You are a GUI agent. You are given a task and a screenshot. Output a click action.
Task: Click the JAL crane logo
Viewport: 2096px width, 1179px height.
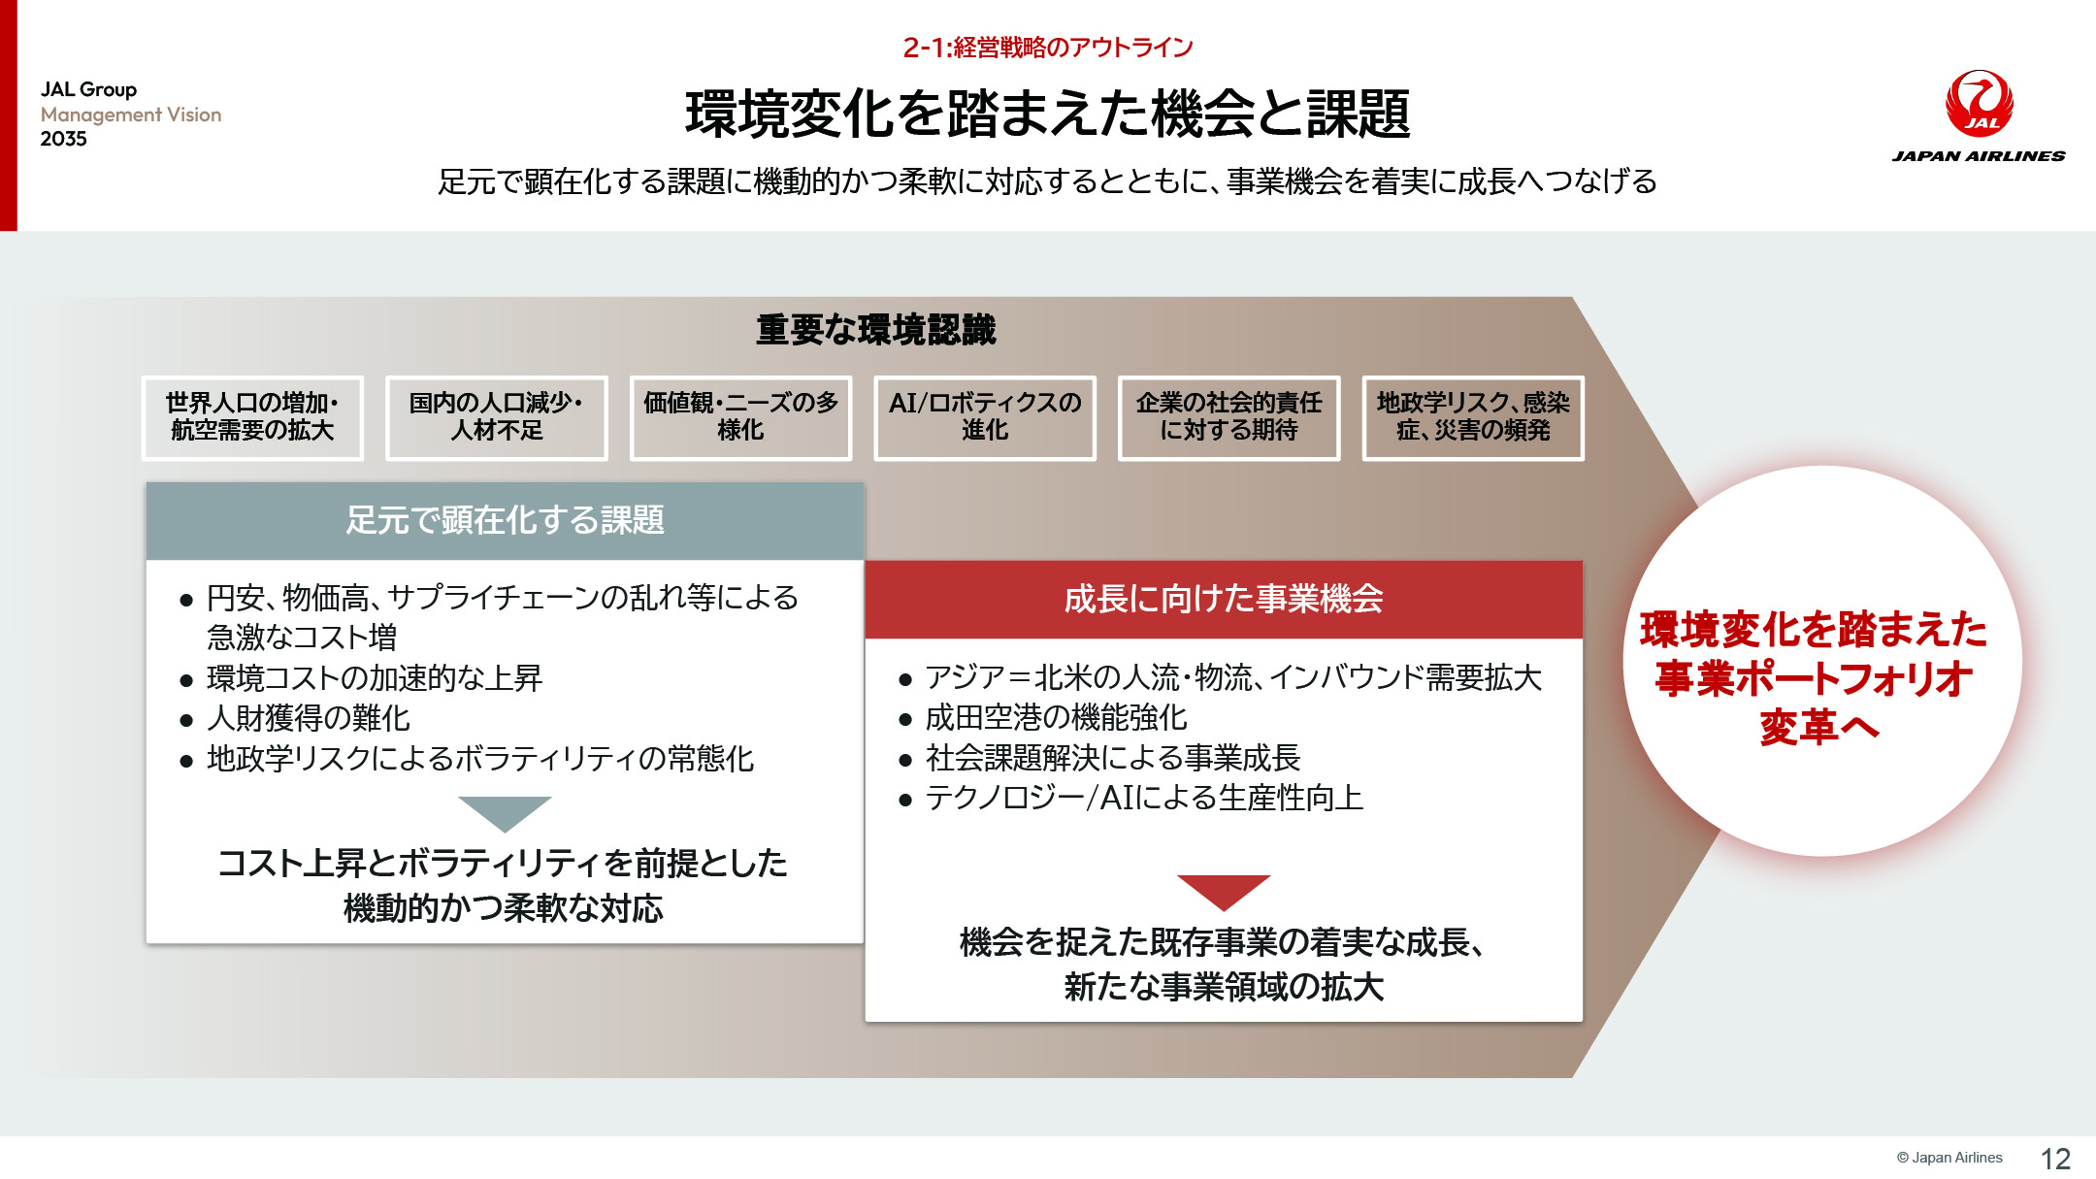(x=1979, y=103)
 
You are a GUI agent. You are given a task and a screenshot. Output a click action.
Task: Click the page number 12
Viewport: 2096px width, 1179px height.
(x=2055, y=1159)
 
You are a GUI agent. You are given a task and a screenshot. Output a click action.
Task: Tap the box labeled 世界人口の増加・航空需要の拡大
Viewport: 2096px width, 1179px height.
(x=252, y=417)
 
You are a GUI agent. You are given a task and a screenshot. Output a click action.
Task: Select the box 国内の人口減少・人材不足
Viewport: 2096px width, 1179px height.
(x=497, y=417)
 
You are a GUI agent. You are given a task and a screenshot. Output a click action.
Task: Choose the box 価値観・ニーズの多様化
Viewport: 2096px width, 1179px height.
(x=741, y=417)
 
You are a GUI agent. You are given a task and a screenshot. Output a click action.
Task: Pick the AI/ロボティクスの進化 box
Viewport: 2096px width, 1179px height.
(x=985, y=417)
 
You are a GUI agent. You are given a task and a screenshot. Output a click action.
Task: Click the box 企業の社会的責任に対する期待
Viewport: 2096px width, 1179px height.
(x=1229, y=417)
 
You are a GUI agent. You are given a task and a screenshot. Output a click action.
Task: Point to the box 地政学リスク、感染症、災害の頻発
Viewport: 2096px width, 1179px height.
(x=1473, y=417)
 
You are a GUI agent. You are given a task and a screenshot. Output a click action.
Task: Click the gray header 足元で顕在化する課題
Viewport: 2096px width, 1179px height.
(x=505, y=520)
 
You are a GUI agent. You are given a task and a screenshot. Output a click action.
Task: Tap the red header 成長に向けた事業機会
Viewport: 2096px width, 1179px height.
(x=1224, y=599)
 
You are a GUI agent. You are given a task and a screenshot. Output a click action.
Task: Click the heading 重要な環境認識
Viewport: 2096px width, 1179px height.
(x=876, y=330)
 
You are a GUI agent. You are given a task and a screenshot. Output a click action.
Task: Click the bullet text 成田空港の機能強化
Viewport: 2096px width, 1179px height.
(x=1056, y=717)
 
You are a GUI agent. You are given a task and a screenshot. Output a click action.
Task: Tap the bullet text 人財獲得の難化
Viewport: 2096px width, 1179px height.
(x=309, y=718)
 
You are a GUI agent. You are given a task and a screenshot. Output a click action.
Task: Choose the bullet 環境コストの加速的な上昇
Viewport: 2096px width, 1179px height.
(x=375, y=677)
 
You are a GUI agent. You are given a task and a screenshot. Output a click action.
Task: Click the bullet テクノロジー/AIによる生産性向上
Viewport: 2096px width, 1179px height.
(x=1145, y=798)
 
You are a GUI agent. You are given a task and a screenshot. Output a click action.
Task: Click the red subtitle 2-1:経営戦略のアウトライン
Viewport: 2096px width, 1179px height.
(x=1048, y=47)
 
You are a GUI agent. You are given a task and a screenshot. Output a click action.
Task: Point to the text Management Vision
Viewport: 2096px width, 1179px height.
(x=131, y=115)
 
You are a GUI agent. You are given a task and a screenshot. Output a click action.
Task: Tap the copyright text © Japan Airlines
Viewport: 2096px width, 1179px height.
(x=1949, y=1158)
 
